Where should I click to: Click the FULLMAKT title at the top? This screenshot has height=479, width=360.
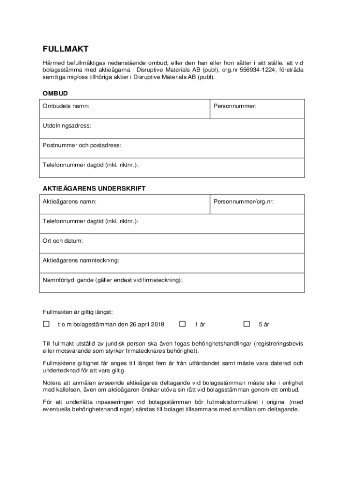pos(65,49)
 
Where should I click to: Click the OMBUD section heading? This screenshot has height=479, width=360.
pos(55,94)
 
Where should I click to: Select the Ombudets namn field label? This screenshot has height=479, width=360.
pos(66,106)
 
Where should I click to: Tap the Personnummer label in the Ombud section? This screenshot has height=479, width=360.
pos(235,106)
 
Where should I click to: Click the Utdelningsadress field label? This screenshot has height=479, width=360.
pos(67,126)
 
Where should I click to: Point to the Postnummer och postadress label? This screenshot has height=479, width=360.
pos(82,145)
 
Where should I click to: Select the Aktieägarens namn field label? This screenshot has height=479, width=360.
pos(70,202)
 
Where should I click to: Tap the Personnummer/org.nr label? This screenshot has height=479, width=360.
pos(244,202)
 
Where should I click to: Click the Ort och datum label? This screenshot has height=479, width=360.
pos(63,241)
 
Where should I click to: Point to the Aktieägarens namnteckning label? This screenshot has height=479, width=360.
pos(81,260)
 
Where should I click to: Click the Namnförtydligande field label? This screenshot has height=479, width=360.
pos(113,280)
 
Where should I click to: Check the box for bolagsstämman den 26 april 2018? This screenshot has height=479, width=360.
pos(46,324)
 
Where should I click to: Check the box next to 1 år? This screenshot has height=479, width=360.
pos(183,324)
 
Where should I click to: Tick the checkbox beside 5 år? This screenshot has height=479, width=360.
pos(247,324)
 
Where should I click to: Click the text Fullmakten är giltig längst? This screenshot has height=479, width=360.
pos(78,312)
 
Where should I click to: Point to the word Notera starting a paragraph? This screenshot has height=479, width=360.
pos(52,383)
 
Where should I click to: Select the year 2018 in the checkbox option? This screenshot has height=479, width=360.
pos(157,324)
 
